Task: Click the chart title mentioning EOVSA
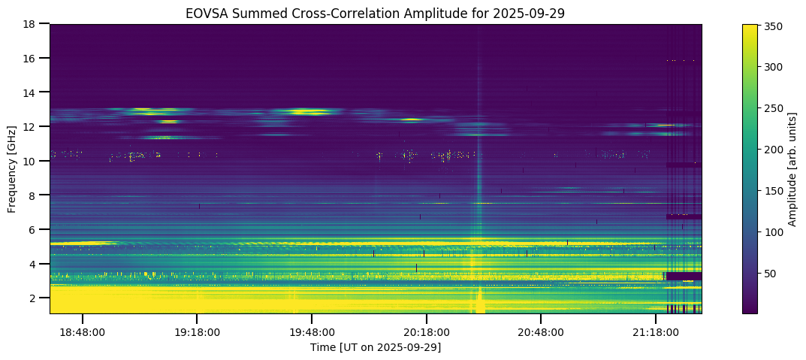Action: click(x=375, y=14)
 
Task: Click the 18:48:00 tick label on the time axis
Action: click(x=83, y=331)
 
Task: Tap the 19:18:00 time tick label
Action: click(x=197, y=331)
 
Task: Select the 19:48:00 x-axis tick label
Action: click(x=312, y=331)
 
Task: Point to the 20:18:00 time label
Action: click(x=427, y=331)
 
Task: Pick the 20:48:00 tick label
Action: click(x=541, y=331)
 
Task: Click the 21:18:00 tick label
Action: click(x=656, y=331)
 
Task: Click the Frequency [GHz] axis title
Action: click(x=12, y=168)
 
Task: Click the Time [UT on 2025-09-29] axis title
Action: click(x=376, y=346)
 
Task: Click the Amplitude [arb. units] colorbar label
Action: click(x=792, y=168)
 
